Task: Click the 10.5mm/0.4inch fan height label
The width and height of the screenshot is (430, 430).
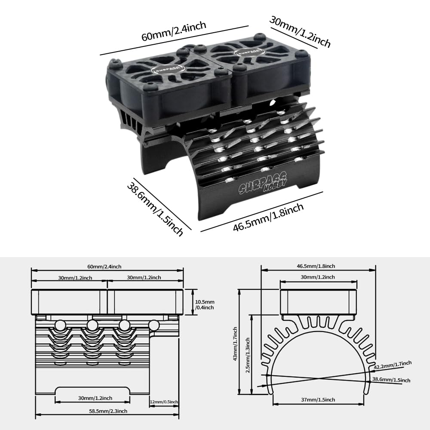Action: [x=204, y=305]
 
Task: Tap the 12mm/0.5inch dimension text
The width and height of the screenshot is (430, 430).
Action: [x=163, y=402]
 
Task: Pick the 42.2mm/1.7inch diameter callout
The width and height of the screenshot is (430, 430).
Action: [x=393, y=365]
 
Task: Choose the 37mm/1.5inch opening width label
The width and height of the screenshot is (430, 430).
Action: [x=318, y=399]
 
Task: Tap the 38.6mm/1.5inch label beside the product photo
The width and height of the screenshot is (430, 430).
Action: [x=155, y=209]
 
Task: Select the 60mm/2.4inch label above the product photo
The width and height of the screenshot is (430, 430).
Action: [x=174, y=31]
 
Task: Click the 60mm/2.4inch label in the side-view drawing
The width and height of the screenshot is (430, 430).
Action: [x=107, y=267]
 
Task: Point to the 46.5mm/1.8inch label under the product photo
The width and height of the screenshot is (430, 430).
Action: [x=268, y=218]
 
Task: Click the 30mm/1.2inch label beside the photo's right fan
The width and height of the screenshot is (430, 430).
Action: [x=300, y=31]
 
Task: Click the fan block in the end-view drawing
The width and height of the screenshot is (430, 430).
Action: [x=319, y=302]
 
